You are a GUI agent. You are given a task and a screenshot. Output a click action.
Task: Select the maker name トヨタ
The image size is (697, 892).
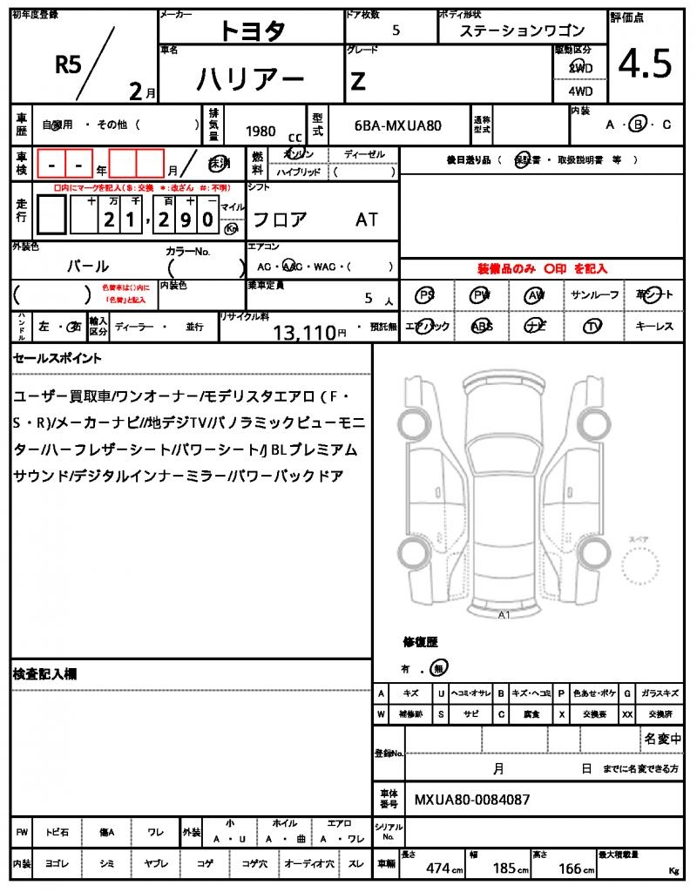pyautogui.click(x=252, y=30)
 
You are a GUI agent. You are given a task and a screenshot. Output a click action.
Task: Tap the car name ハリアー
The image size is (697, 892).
pyautogui.click(x=250, y=80)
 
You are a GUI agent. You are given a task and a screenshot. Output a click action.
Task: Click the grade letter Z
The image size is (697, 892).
pyautogui.click(x=357, y=81)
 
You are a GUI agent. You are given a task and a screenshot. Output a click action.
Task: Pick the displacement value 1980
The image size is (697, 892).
pyautogui.click(x=261, y=131)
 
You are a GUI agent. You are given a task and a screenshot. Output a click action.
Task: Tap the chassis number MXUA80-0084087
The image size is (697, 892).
pyautogui.click(x=471, y=799)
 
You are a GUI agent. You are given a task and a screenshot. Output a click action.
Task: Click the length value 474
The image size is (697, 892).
pyautogui.click(x=437, y=868)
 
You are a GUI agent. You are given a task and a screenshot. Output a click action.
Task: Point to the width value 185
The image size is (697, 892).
pyautogui.click(x=504, y=868)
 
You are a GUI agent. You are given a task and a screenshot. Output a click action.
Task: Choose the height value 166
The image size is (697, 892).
pyautogui.click(x=571, y=868)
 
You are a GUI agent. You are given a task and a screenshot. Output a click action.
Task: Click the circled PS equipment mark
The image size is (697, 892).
pyautogui.click(x=426, y=295)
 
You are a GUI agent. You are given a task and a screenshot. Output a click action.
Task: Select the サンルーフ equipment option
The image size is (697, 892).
pyautogui.click(x=594, y=295)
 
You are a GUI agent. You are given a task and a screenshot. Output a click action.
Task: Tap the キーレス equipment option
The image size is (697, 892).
pyautogui.click(x=654, y=326)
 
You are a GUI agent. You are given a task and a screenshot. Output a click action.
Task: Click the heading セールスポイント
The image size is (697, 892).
pyautogui.click(x=57, y=358)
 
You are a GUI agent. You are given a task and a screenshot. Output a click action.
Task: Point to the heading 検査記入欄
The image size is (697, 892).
pyautogui.click(x=45, y=674)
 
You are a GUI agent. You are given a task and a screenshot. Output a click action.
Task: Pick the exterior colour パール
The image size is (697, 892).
pyautogui.click(x=88, y=266)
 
